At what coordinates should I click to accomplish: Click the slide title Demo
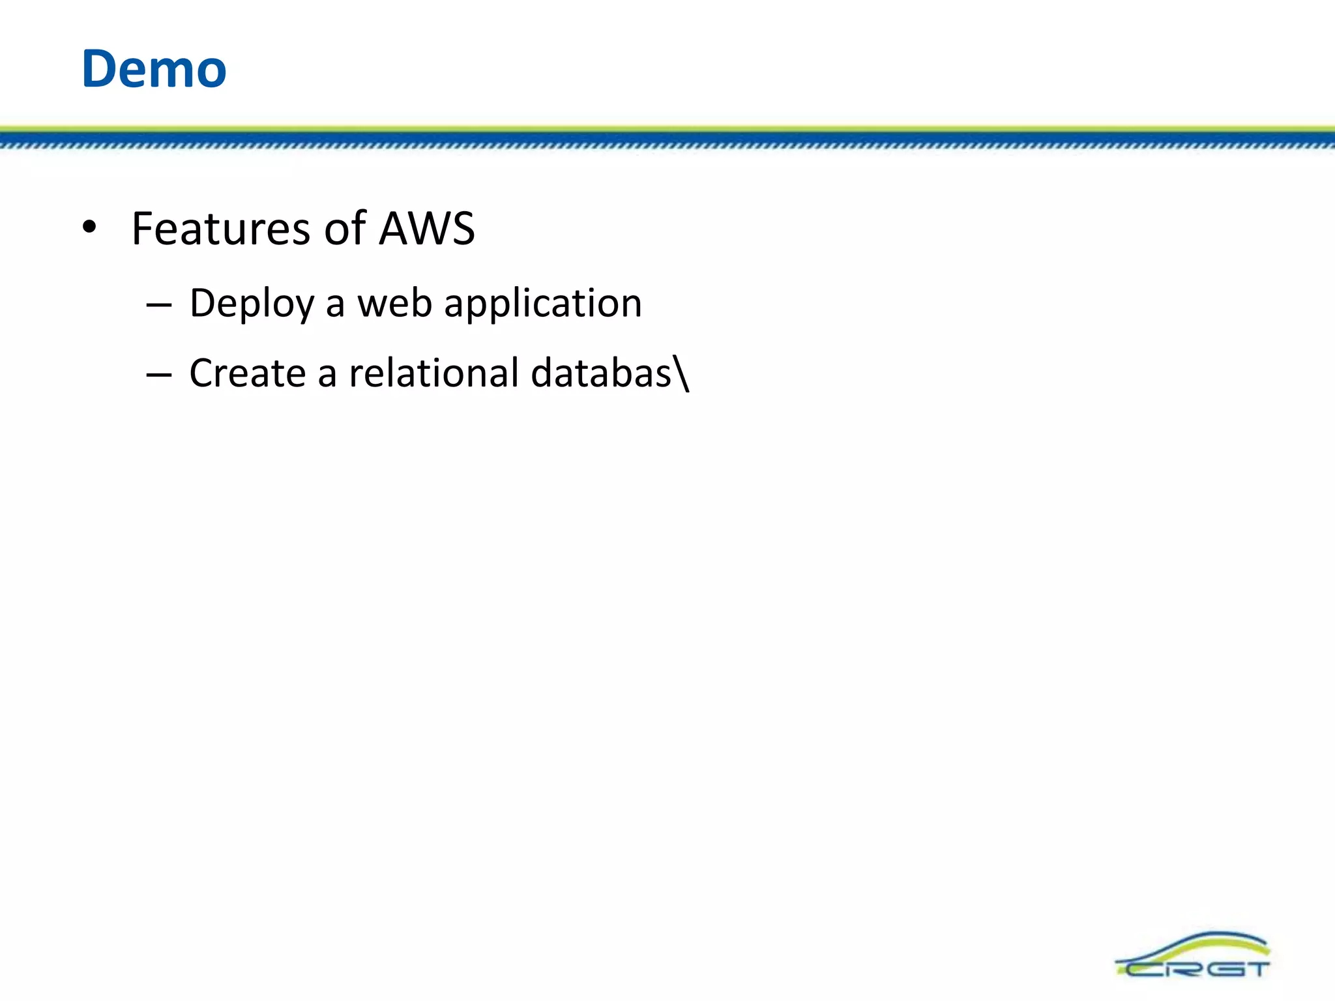click(154, 69)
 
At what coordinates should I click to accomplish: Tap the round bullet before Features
click(90, 228)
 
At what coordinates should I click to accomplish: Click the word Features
click(221, 229)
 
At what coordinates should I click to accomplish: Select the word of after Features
click(345, 229)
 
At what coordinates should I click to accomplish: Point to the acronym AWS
click(428, 229)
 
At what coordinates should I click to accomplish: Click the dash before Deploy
click(159, 305)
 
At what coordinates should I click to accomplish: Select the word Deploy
click(252, 305)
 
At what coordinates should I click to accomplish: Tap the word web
click(394, 304)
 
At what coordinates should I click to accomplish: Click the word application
click(543, 305)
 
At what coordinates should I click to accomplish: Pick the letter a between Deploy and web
click(334, 306)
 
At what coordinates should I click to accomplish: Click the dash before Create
click(159, 375)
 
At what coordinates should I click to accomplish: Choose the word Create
click(248, 373)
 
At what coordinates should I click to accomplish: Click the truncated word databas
click(601, 373)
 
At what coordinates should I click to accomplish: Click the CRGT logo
click(1193, 955)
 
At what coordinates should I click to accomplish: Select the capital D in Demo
click(100, 69)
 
